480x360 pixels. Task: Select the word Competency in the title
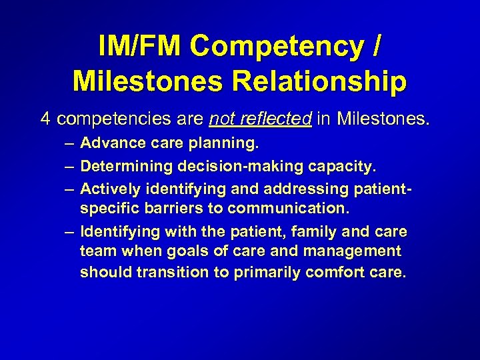point(276,47)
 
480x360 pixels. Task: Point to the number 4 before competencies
point(45,119)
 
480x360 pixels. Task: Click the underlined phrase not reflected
point(260,119)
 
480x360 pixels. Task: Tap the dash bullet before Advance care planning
point(69,143)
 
